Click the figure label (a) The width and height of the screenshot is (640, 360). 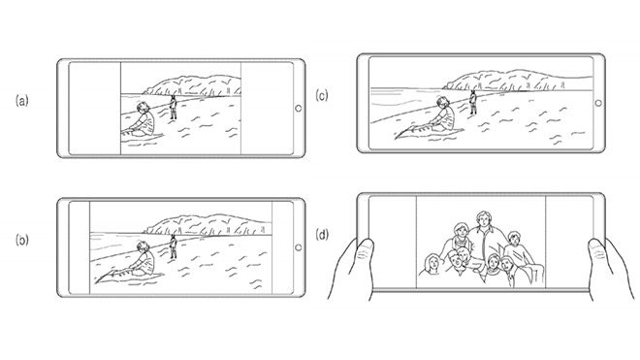(22, 100)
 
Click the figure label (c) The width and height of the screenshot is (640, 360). (322, 96)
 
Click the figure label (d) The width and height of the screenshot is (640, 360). (322, 235)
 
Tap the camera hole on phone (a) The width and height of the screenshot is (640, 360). (299, 109)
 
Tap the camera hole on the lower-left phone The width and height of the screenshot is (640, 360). (299, 247)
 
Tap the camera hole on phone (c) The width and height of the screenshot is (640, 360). (598, 103)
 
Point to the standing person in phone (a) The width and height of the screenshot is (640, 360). (174, 107)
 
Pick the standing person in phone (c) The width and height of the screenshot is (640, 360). (473, 102)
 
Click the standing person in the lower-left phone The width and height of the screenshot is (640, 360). (174, 246)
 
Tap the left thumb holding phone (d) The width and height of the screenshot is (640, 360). (365, 254)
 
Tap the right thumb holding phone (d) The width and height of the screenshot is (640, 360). (597, 254)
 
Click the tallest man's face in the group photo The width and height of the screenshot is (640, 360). (484, 220)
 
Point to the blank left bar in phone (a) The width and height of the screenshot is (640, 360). (95, 109)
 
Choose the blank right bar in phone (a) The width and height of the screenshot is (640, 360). (267, 109)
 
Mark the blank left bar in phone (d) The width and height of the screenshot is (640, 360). (393, 242)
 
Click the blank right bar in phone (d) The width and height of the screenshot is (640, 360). (569, 242)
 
